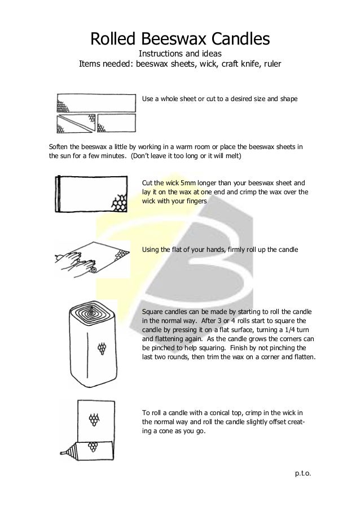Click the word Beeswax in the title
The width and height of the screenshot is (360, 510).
(172, 39)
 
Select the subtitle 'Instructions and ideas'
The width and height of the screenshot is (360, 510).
(179, 54)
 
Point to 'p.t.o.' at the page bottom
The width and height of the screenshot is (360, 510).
(302, 472)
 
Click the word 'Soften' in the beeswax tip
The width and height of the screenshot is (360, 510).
(60, 148)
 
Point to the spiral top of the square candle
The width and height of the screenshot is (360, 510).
(90, 312)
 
